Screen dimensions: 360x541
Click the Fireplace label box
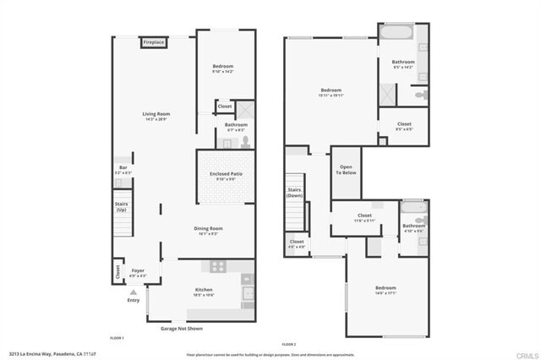(x=153, y=41)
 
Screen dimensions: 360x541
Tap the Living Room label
(x=156, y=116)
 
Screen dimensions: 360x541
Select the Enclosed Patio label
(x=226, y=175)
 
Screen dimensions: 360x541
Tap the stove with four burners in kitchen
(x=218, y=265)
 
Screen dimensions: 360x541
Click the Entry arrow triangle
(x=133, y=292)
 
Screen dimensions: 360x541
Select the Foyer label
(x=137, y=273)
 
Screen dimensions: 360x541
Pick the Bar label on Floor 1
(x=123, y=169)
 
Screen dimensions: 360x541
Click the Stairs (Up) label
(x=122, y=205)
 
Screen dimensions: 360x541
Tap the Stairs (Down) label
(x=295, y=193)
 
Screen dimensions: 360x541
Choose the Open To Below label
(x=346, y=168)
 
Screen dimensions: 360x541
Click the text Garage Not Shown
(x=181, y=328)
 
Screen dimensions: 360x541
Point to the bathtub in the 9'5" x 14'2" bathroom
(x=394, y=35)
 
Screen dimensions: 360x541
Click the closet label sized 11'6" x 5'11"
(x=364, y=217)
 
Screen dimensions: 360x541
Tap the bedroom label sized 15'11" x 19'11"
(x=331, y=92)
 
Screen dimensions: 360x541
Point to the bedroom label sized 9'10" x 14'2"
(x=223, y=68)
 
